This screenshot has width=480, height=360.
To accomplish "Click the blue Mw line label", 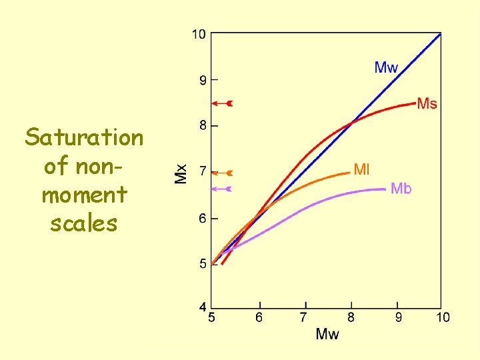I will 386,67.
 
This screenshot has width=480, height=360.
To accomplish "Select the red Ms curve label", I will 427,103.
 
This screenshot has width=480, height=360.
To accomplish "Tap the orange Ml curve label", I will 361,169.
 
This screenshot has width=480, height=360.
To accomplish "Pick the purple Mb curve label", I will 401,189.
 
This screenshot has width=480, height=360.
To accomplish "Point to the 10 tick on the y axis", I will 199,34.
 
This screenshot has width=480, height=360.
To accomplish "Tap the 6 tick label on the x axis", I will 259,317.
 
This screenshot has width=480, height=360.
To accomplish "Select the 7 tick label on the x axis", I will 304,317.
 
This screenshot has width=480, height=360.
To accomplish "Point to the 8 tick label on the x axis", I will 351,317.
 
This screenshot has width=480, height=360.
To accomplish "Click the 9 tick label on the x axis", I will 398,317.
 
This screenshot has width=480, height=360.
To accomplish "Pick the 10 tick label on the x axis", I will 443,317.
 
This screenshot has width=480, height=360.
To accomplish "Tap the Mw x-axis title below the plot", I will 327,333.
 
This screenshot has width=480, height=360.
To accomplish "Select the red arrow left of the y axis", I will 221,103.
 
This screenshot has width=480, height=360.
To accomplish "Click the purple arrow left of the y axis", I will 221,189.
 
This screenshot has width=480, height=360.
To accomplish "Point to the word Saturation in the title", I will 84,138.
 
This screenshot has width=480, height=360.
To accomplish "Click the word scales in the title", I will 84,223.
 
